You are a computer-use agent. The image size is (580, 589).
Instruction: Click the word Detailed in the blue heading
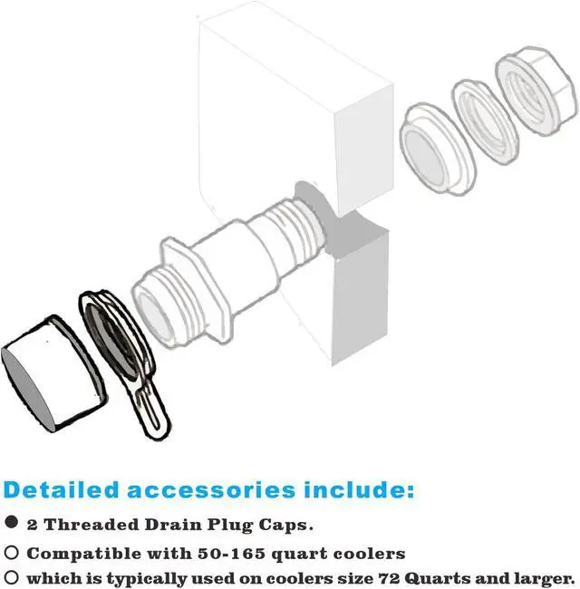click(x=61, y=490)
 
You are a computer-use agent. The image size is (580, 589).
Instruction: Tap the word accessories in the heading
click(x=211, y=490)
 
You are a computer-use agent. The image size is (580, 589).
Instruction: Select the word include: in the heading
click(x=359, y=490)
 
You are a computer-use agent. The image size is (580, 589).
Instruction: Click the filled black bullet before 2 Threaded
click(x=11, y=522)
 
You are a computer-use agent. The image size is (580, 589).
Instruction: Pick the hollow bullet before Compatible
click(x=11, y=552)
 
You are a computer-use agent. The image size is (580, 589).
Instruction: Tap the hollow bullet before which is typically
click(x=11, y=577)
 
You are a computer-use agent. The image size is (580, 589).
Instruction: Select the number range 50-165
click(x=232, y=554)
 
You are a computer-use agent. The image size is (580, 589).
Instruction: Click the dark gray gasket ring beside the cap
click(x=110, y=341)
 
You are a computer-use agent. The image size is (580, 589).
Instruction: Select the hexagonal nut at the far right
click(x=536, y=90)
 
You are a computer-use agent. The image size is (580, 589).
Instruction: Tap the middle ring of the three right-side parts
click(x=485, y=122)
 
